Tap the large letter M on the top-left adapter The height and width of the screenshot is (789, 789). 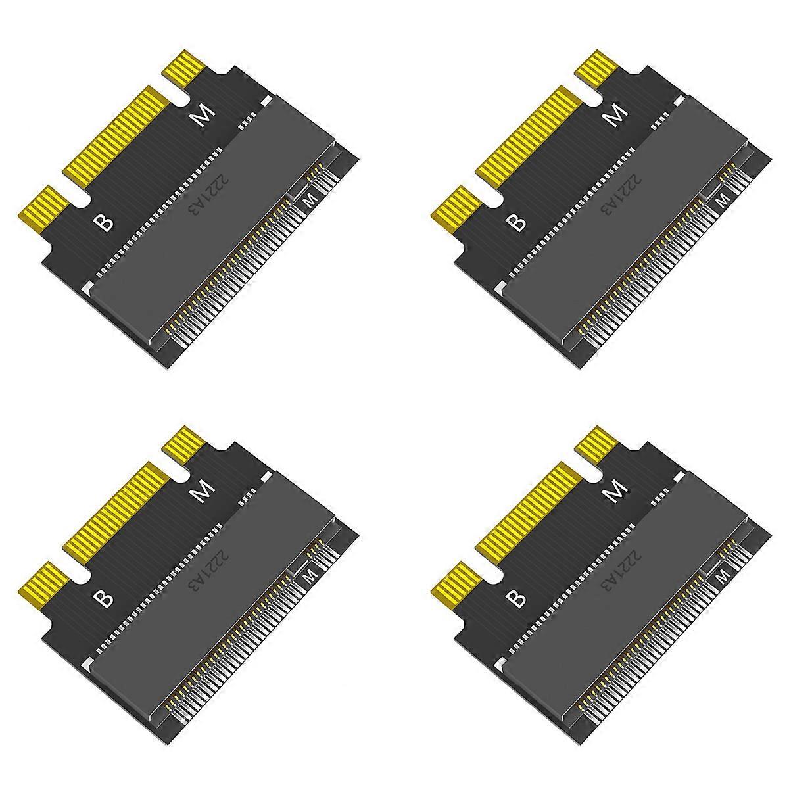(x=203, y=117)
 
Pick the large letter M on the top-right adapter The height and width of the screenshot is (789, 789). (x=616, y=117)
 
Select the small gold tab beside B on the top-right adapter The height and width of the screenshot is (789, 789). (x=454, y=209)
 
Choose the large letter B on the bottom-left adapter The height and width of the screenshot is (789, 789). (x=105, y=599)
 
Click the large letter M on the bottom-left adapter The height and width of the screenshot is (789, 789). (x=203, y=493)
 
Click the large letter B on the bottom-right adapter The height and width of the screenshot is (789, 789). (x=518, y=599)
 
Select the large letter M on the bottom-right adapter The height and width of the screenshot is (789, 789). (x=616, y=493)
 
